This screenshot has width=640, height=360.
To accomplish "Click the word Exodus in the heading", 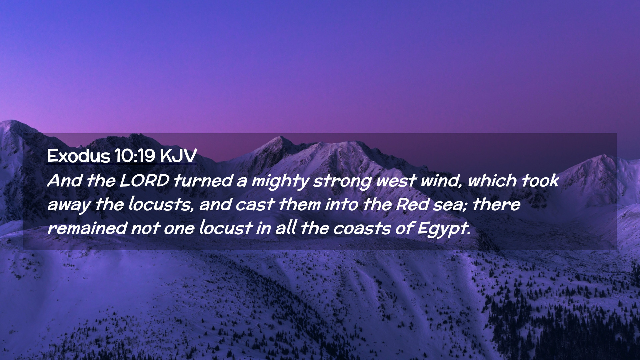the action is pyautogui.click(x=79, y=156).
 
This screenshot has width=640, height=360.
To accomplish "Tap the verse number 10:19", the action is pyautogui.click(x=135, y=156).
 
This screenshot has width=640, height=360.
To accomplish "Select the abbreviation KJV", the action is pyautogui.click(x=178, y=156).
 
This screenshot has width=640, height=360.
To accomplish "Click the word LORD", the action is pyautogui.click(x=144, y=181).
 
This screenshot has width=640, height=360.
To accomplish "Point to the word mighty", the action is pyautogui.click(x=280, y=182).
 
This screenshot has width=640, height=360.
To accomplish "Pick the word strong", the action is pyautogui.click(x=342, y=182).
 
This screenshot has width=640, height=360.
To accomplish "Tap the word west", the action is pyautogui.click(x=396, y=181).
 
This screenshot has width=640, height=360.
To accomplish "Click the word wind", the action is pyautogui.click(x=441, y=181).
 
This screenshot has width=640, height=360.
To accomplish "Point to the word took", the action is pyautogui.click(x=540, y=180).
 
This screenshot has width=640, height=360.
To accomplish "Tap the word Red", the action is pyautogui.click(x=412, y=204).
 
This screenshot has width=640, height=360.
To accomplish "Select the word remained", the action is pyautogui.click(x=87, y=228).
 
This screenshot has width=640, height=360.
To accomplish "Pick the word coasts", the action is pyautogui.click(x=362, y=229).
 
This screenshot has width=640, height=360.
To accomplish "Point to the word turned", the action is pyautogui.click(x=203, y=181).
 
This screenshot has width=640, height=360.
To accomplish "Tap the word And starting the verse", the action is pyautogui.click(x=65, y=181).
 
